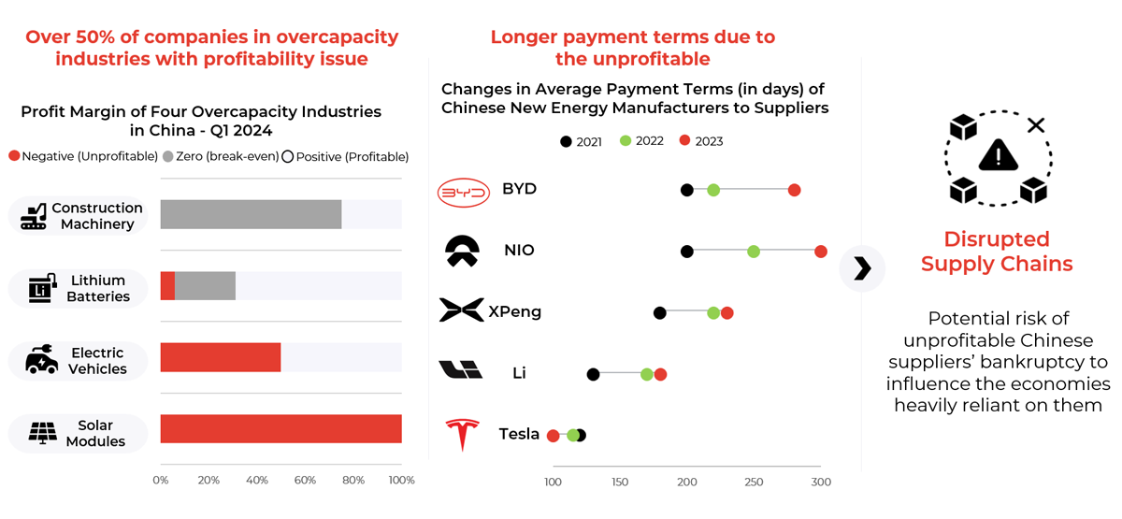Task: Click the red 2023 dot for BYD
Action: (x=794, y=190)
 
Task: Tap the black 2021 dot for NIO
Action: (x=687, y=251)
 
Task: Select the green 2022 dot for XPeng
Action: (x=713, y=313)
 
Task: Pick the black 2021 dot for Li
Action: (x=593, y=374)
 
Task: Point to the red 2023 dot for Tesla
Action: (x=554, y=436)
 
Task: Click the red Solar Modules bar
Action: (x=280, y=429)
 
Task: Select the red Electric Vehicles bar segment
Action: (x=221, y=357)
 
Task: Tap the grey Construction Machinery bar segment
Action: (x=251, y=214)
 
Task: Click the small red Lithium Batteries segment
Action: (x=167, y=286)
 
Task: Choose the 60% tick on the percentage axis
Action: (x=305, y=481)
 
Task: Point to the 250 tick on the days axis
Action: (x=754, y=483)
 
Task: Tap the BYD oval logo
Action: (x=464, y=193)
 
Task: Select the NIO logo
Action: (x=461, y=251)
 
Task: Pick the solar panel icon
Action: (x=41, y=433)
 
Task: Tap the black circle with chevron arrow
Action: (x=862, y=269)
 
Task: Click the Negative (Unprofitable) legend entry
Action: (x=82, y=156)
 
